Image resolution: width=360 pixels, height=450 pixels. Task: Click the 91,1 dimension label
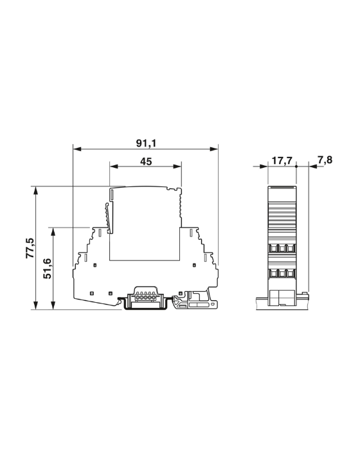coord(146,143)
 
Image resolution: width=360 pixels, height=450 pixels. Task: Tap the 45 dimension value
coord(146,161)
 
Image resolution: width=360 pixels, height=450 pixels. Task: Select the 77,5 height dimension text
coord(30,248)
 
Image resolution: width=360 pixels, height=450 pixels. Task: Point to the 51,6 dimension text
coord(47,269)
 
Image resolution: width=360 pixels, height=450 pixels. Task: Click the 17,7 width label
coord(282,160)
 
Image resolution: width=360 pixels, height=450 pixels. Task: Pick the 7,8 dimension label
coord(325,159)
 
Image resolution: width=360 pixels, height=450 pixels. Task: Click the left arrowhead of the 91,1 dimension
coord(78,149)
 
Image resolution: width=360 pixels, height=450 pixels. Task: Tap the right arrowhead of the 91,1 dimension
coord(214,149)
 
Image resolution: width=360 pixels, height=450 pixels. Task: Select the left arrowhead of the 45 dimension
coord(114,166)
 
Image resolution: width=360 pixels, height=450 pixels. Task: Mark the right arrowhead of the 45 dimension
coord(177,166)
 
